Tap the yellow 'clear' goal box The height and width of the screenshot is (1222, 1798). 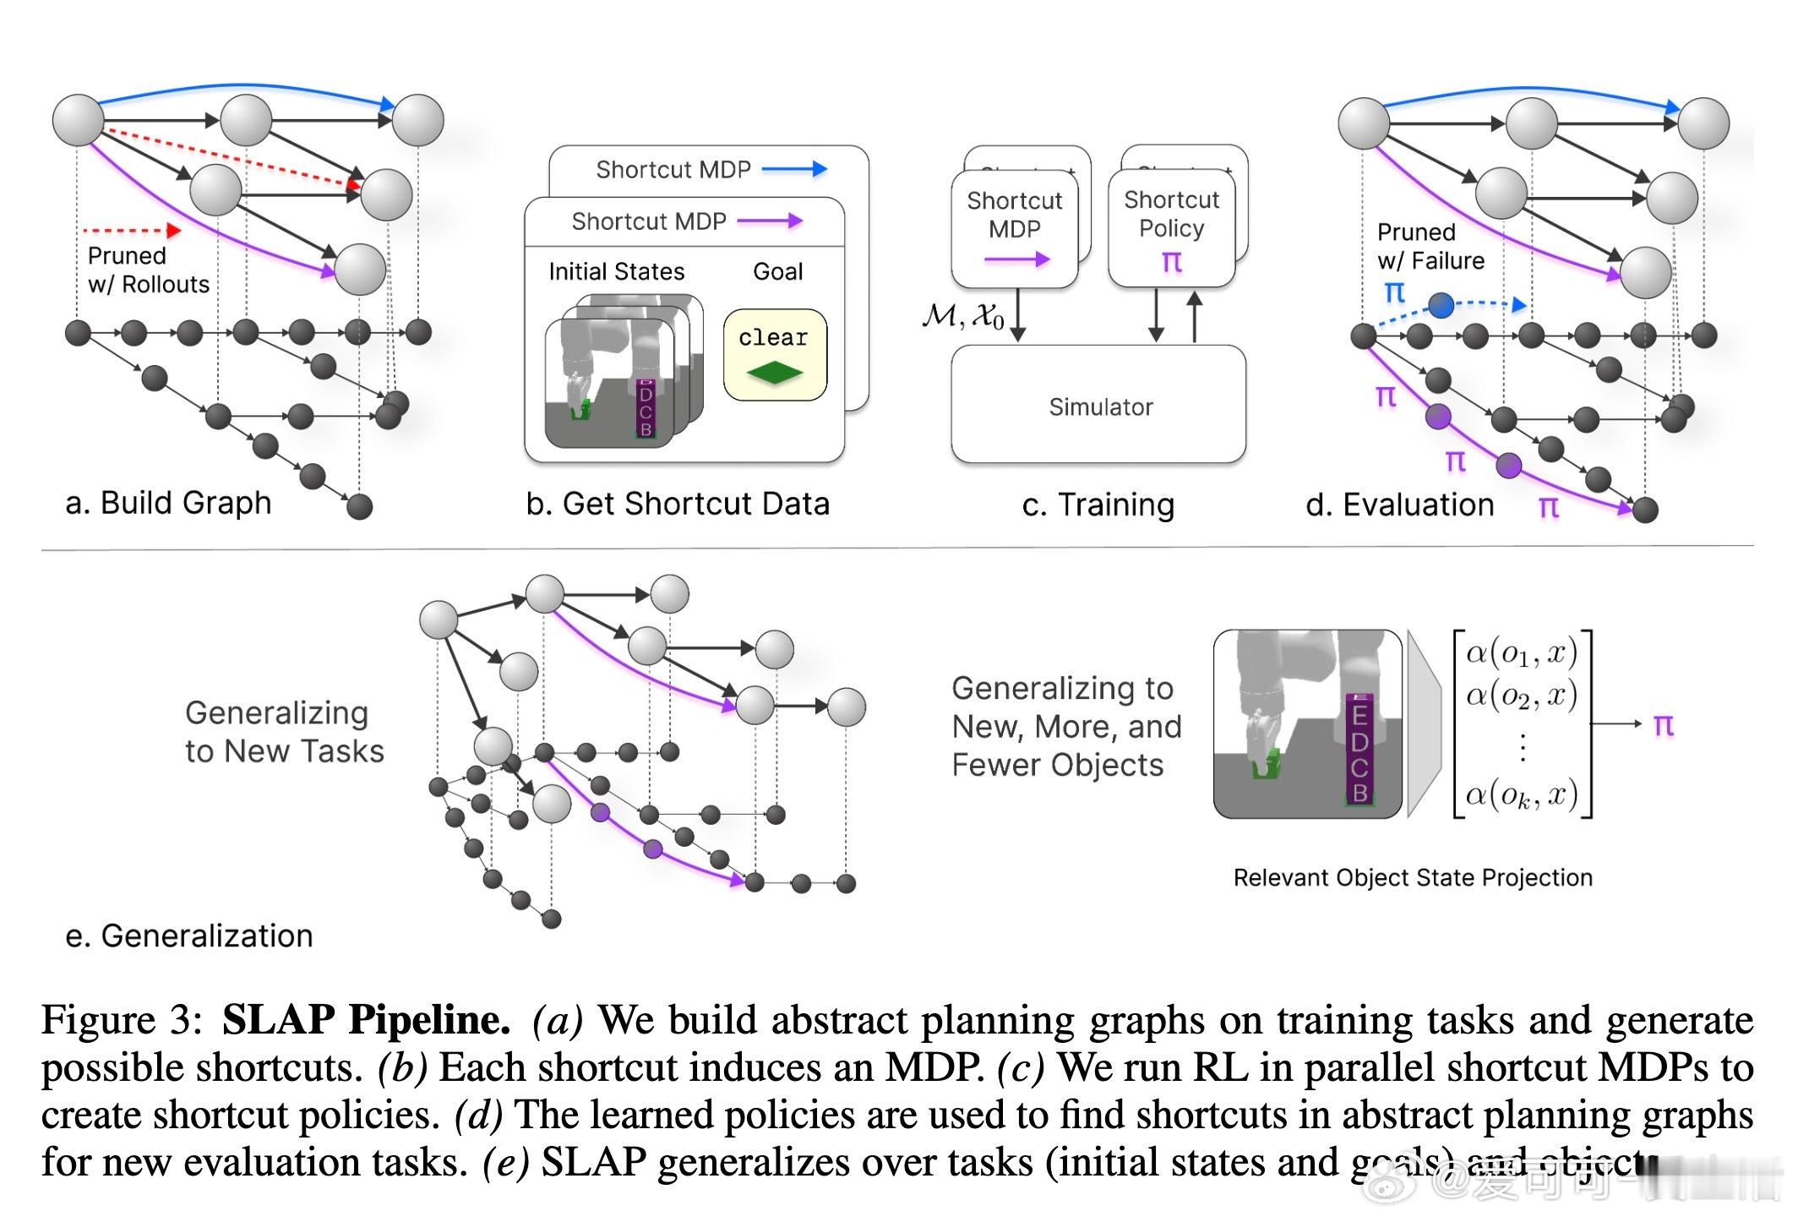click(x=774, y=354)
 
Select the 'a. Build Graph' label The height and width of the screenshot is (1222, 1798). click(x=168, y=503)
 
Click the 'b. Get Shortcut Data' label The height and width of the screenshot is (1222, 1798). click(x=678, y=504)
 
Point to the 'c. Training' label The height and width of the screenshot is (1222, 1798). click(x=1098, y=505)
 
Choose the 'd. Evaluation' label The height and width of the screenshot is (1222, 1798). click(x=1399, y=505)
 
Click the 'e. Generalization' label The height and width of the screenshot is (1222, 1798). click(x=189, y=936)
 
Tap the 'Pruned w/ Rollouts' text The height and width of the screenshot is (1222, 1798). click(x=148, y=270)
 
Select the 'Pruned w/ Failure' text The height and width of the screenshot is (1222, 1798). click(x=1430, y=246)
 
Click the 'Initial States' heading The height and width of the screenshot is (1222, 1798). click(x=616, y=271)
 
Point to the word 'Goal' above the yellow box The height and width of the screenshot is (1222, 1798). click(x=777, y=271)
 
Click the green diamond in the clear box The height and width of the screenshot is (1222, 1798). click(x=774, y=372)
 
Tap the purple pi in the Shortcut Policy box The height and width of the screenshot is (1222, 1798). click(x=1171, y=261)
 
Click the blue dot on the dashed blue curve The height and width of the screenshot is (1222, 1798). click(x=1441, y=305)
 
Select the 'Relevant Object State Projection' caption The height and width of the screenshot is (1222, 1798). click(x=1412, y=878)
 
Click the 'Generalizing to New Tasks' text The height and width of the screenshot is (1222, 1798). click(x=284, y=732)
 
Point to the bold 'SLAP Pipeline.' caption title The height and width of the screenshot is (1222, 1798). click(x=366, y=1020)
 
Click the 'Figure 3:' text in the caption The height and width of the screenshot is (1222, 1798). click(x=122, y=1020)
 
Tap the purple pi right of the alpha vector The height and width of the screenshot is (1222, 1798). click(x=1663, y=725)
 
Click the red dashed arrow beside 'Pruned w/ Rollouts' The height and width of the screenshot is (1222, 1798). click(x=132, y=230)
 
